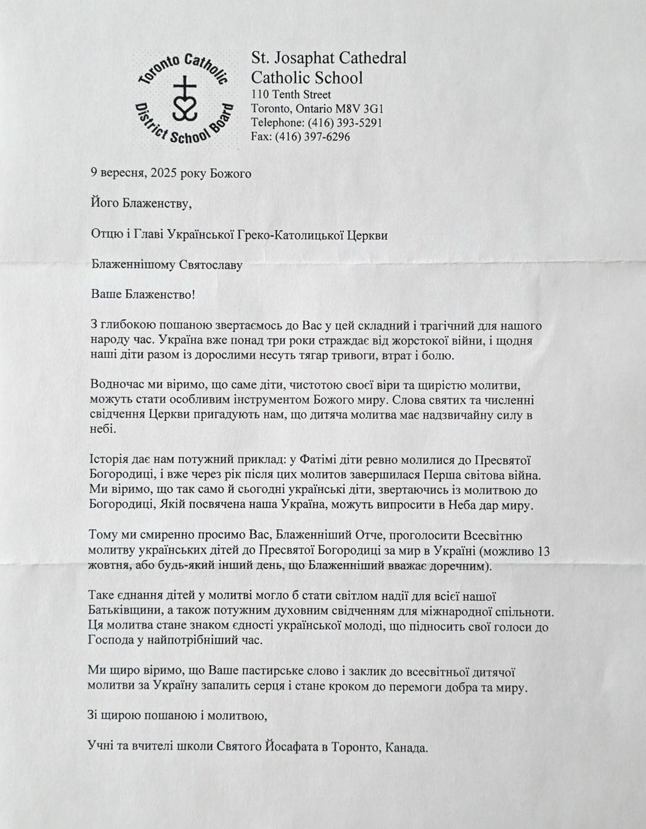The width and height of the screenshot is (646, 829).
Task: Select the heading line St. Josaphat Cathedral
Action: coord(329,58)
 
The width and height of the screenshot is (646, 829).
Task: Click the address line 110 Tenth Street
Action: coord(291,95)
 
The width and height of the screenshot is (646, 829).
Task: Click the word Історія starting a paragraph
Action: coord(109,460)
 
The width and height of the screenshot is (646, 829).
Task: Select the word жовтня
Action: coord(105,567)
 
